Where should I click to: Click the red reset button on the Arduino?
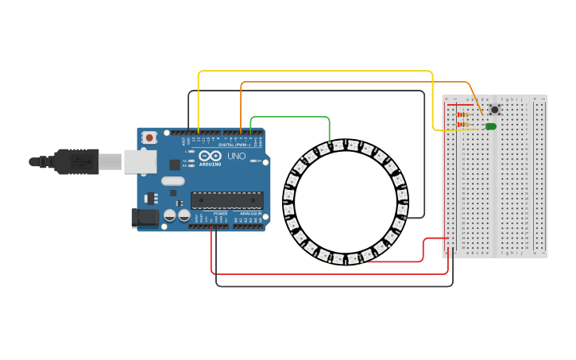[149, 137]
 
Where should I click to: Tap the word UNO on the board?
[237, 157]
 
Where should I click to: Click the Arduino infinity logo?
[211, 156]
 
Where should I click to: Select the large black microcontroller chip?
[226, 200]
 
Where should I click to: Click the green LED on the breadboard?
[491, 126]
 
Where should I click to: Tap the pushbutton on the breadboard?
[494, 110]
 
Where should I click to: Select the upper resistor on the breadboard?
[463, 114]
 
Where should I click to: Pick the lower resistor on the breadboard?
[463, 124]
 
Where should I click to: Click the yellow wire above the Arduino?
[318, 72]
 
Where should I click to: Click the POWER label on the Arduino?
[220, 213]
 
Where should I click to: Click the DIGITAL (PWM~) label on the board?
[235, 145]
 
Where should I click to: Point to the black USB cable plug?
[77, 161]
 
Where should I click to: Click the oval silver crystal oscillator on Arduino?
[173, 180]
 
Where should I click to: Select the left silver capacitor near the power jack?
[169, 215]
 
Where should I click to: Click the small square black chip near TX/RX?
[175, 165]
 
